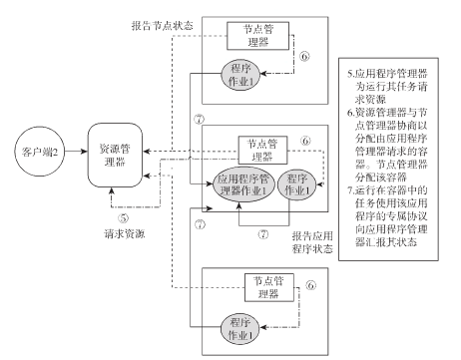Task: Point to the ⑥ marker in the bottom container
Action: pos(313,285)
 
